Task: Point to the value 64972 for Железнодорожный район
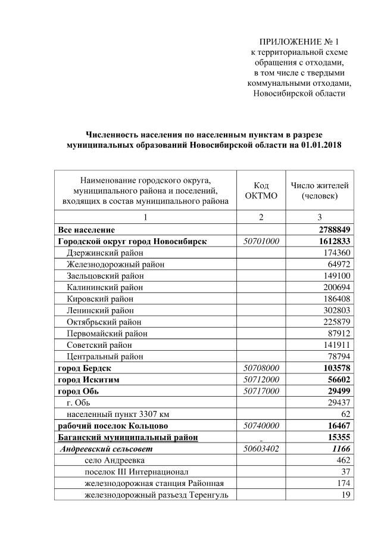[336, 264]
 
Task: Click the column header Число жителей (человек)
[319, 191]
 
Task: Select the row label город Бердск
[84, 368]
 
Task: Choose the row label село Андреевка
[115, 460]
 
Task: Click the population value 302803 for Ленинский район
[334, 310]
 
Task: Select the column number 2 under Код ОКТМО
[260, 217]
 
